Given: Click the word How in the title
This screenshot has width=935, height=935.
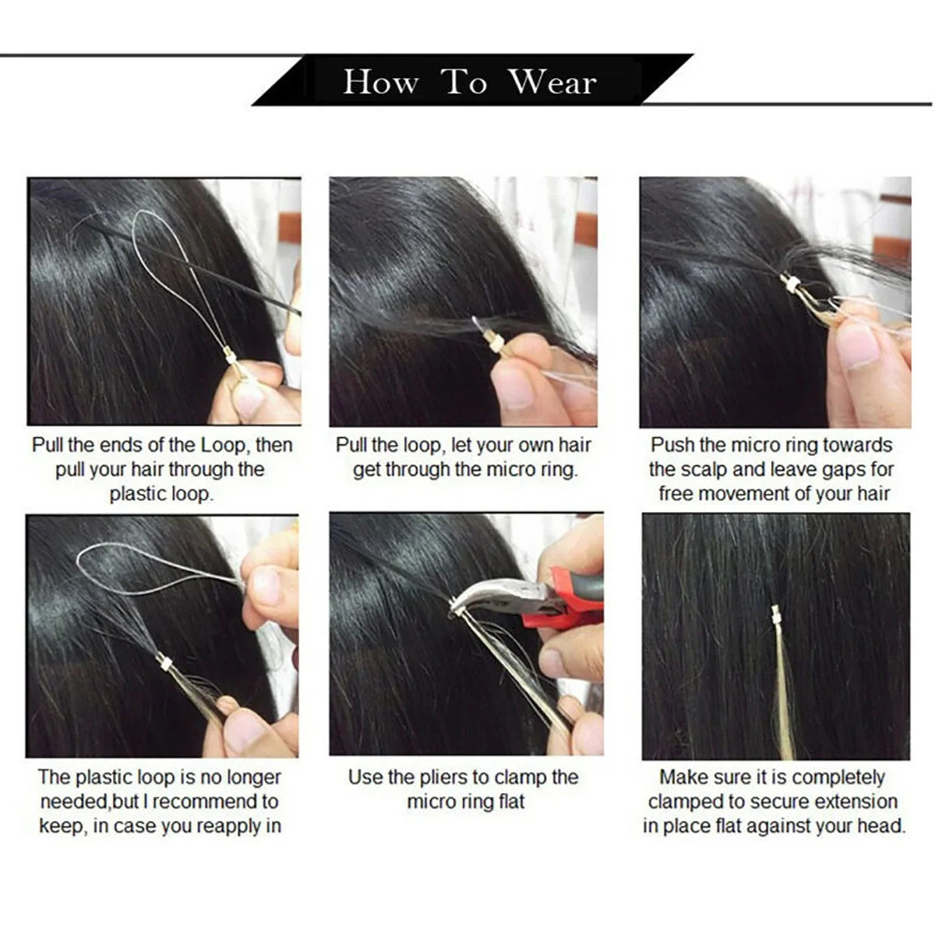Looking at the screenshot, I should (x=379, y=82).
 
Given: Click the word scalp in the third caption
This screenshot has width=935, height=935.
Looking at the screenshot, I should (x=704, y=469).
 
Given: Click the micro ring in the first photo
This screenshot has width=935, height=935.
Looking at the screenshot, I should (x=231, y=356).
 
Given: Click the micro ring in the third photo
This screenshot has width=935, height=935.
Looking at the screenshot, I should (x=790, y=285).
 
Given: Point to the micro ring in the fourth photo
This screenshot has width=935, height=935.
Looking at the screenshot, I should (x=163, y=663).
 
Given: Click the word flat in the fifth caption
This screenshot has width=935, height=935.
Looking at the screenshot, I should (x=508, y=801).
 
